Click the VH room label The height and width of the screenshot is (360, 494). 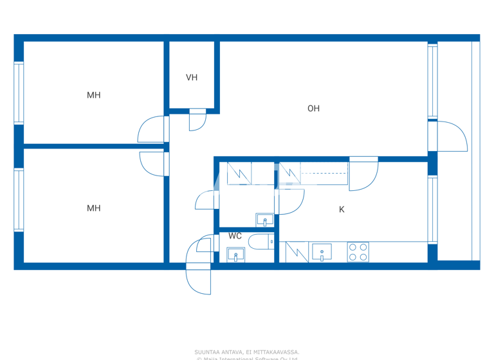[192, 78]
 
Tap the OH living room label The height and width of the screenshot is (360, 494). [313, 109]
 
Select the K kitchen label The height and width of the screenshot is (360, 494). [342, 210]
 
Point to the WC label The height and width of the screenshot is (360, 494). [235, 236]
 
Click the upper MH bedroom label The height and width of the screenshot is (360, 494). [94, 95]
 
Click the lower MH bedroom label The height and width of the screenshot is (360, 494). [94, 208]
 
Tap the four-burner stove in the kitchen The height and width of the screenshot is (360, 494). [358, 251]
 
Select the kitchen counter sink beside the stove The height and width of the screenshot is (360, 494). [322, 252]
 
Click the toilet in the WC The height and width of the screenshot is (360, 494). [262, 242]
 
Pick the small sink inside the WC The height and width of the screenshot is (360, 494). [235, 255]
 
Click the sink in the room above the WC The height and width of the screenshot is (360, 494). [264, 220]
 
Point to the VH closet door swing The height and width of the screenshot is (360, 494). [196, 121]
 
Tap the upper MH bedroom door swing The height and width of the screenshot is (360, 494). [152, 130]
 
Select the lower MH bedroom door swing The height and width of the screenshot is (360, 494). [153, 163]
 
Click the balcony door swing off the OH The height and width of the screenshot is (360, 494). [453, 136]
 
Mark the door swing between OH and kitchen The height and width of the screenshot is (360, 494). [363, 175]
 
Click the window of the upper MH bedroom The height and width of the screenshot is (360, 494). [19, 93]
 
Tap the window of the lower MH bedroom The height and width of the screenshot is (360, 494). [19, 199]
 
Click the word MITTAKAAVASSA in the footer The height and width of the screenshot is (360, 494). [277, 352]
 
